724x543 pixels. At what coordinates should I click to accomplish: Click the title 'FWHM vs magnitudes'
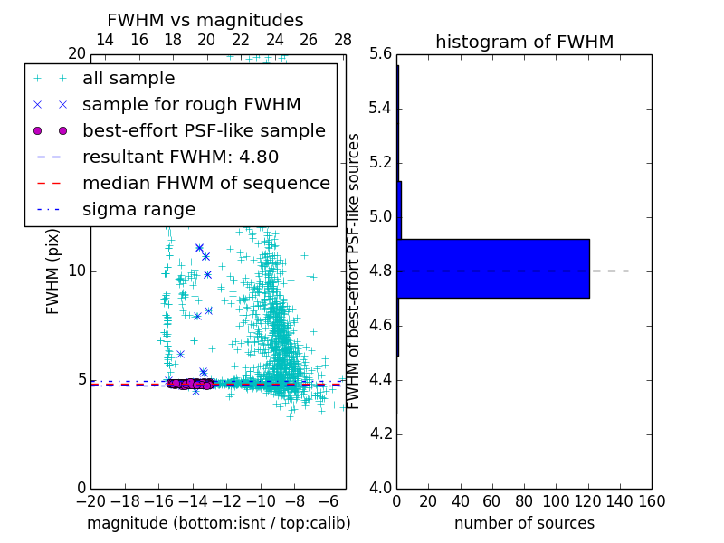pyautogui.click(x=205, y=20)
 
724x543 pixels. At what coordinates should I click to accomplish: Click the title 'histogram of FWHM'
pyautogui.click(x=524, y=42)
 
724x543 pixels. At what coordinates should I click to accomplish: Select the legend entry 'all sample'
pyautogui.click(x=129, y=79)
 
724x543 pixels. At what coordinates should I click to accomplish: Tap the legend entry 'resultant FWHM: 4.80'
pyautogui.click(x=180, y=157)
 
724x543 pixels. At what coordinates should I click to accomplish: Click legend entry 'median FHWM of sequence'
pyautogui.click(x=205, y=184)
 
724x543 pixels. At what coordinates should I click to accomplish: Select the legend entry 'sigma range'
pyautogui.click(x=138, y=210)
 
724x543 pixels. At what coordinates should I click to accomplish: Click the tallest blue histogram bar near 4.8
pyautogui.click(x=493, y=269)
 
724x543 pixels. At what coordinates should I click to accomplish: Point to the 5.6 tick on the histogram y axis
pyautogui.click(x=381, y=54)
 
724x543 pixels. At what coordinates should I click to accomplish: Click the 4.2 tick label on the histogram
pyautogui.click(x=381, y=434)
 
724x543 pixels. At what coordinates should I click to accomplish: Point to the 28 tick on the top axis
pyautogui.click(x=343, y=41)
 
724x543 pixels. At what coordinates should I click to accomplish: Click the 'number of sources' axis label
pyautogui.click(x=524, y=523)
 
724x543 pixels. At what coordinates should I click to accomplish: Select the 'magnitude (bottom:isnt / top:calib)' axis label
pyautogui.click(x=218, y=523)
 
